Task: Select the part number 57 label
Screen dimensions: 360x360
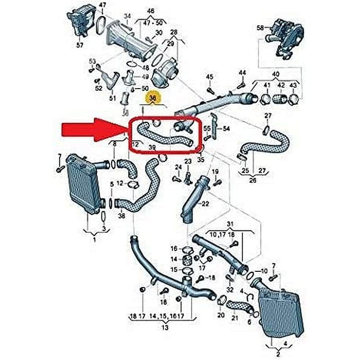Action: click(80, 45)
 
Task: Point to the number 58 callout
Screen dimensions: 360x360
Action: click(260, 28)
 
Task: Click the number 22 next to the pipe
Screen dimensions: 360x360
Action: click(205, 204)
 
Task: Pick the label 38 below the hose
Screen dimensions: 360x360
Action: click(121, 216)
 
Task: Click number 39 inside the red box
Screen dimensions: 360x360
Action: click(153, 148)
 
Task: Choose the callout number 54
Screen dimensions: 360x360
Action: click(226, 129)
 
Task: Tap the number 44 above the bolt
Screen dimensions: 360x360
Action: click(243, 73)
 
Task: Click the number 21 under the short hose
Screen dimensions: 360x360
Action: click(234, 318)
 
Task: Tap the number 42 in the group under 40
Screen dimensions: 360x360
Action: click(281, 85)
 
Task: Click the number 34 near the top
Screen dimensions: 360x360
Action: click(127, 17)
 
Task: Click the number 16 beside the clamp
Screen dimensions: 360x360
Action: click(174, 249)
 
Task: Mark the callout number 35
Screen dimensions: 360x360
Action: click(200, 159)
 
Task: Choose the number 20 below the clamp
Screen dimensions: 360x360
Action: click(220, 315)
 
